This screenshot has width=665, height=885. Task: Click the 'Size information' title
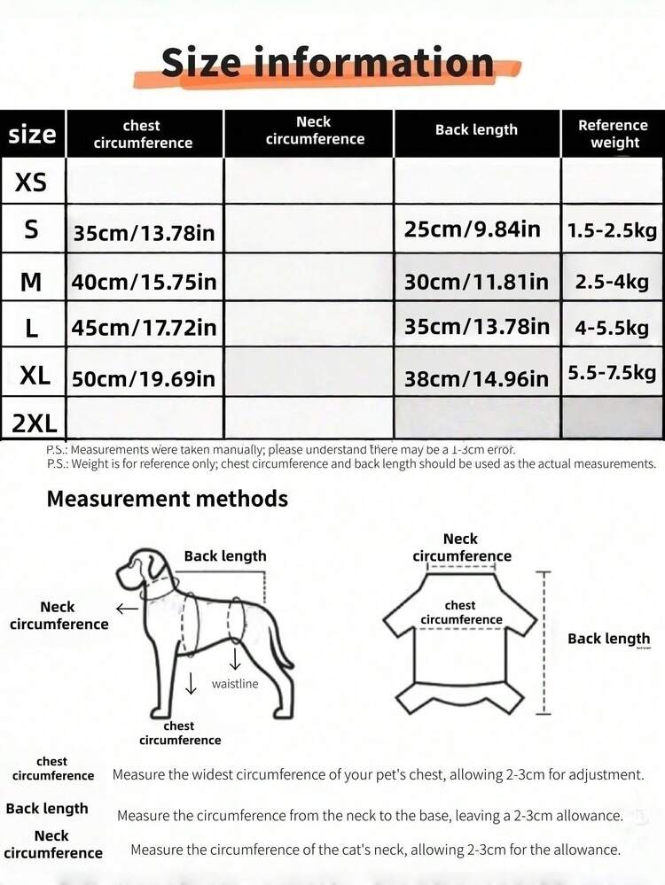tap(327, 64)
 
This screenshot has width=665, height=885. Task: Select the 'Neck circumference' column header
tap(315, 130)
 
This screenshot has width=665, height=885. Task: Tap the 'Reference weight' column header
tap(614, 133)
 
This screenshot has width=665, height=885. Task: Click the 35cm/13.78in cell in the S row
tap(145, 234)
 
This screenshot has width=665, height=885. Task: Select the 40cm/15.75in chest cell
tap(145, 282)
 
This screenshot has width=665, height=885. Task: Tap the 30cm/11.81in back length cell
tap(476, 282)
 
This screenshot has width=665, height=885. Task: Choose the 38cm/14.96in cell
tap(476, 379)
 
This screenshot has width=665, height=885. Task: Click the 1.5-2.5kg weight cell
tap(612, 230)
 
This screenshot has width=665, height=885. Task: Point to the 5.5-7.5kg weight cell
tap(612, 372)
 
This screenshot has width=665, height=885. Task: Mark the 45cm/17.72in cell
tap(145, 328)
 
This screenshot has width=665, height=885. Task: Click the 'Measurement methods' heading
tap(168, 498)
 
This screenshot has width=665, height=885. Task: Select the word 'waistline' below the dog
tap(235, 683)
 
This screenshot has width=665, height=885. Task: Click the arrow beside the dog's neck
tap(127, 609)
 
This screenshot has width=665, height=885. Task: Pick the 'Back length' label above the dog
tap(224, 556)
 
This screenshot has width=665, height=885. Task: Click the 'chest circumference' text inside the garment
tap(460, 612)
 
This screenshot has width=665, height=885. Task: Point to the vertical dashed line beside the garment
tap(545, 642)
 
